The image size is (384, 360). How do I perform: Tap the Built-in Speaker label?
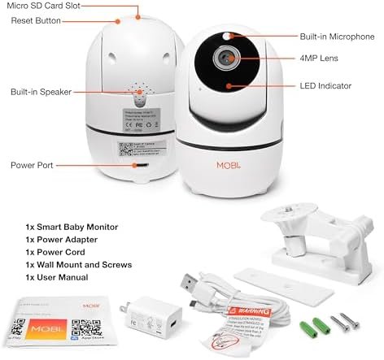[39, 93]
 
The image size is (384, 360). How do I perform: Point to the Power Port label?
[32, 164]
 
